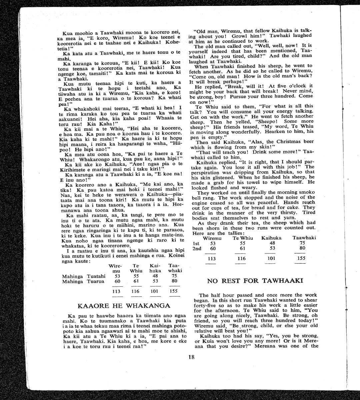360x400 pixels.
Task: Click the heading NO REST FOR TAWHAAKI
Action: (255, 281)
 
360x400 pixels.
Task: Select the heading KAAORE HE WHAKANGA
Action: (124, 306)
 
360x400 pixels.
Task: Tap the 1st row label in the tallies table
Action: (196, 243)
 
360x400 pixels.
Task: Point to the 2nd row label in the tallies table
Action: (197, 248)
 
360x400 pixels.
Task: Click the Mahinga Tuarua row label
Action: (83, 281)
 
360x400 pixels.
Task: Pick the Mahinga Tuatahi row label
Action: (84, 276)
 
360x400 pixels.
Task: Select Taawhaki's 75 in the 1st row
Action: (302, 243)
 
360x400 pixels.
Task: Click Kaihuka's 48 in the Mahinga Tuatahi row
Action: (155, 276)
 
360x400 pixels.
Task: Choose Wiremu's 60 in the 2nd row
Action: (212, 248)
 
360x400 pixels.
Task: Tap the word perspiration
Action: (205, 172)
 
